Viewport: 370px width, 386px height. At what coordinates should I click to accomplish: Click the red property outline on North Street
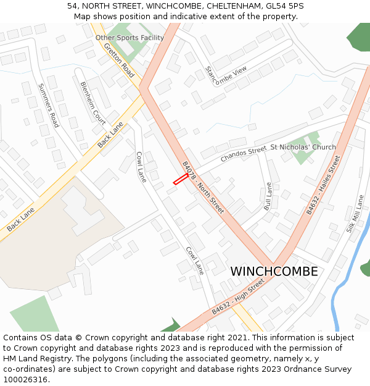coord(180,179)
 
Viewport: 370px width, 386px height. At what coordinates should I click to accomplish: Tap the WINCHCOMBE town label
coord(274,272)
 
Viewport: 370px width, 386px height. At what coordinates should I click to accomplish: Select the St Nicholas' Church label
coord(303,147)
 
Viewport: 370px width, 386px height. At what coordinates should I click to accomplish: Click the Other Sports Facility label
coord(129,38)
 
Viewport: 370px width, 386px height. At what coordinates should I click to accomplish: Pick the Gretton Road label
coord(119,60)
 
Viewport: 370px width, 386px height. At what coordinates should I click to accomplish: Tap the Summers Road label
coord(48,106)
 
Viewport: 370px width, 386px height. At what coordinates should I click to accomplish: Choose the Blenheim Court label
coord(93,103)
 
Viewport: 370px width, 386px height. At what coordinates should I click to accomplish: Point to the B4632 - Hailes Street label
coord(323,185)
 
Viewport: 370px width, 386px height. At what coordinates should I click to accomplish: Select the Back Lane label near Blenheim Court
coord(110,135)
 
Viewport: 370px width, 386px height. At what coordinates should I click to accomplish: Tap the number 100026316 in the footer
coord(26,379)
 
